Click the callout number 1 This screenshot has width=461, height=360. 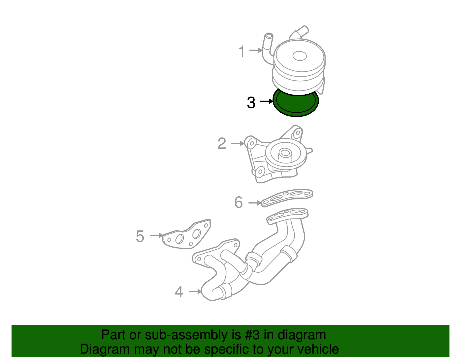coord(242,51)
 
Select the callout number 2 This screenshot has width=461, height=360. coord(222,144)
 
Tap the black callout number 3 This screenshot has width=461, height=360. coord(251,103)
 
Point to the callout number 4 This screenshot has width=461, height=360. coord(179,292)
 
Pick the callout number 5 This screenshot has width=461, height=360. coord(140,236)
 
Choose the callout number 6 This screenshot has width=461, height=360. coord(239,202)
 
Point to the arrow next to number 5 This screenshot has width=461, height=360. coord(157,235)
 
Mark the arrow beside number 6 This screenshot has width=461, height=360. coord(255,203)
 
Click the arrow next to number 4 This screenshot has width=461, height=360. coord(195,291)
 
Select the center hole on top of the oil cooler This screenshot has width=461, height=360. coord(300,56)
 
